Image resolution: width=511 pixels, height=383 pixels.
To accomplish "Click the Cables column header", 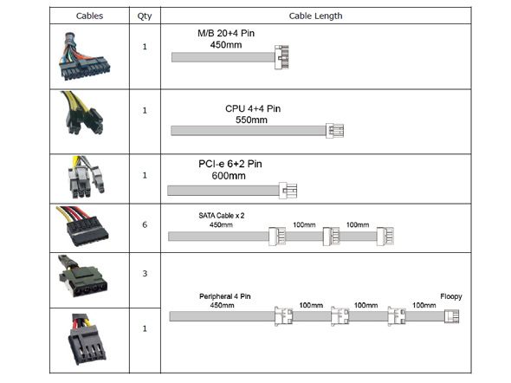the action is (x=89, y=16).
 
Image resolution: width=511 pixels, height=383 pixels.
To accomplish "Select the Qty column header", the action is (x=145, y=16).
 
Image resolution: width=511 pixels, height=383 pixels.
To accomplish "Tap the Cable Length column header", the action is (x=315, y=16).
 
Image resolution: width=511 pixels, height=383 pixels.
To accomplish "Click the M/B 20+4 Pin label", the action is (x=226, y=33).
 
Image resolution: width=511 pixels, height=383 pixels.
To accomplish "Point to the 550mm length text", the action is (x=251, y=120).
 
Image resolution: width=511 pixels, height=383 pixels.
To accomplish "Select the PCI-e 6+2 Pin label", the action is (x=230, y=164).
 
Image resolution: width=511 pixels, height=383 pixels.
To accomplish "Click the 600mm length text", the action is (x=229, y=176).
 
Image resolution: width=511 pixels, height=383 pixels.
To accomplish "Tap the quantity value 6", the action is (x=145, y=224).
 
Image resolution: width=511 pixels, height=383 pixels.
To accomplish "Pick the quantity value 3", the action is (x=145, y=273).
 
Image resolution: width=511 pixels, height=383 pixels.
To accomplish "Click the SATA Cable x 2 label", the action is (x=221, y=216).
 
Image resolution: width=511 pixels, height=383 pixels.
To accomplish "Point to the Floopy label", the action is (x=451, y=296).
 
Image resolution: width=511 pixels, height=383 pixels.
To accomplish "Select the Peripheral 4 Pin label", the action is (x=225, y=296).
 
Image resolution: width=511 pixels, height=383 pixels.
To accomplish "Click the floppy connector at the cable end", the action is (x=452, y=316).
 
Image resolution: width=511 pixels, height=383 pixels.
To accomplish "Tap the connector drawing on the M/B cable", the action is (x=281, y=57).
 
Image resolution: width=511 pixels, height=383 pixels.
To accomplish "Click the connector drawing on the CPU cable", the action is (x=334, y=131).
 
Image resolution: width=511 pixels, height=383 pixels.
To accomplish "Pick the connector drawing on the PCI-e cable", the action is (x=288, y=191).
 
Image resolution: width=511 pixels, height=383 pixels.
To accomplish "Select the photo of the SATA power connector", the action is (x=83, y=226).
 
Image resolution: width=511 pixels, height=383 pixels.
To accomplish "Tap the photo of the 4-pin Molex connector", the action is (x=82, y=276).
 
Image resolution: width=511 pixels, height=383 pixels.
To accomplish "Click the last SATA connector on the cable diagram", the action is (x=385, y=236).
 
